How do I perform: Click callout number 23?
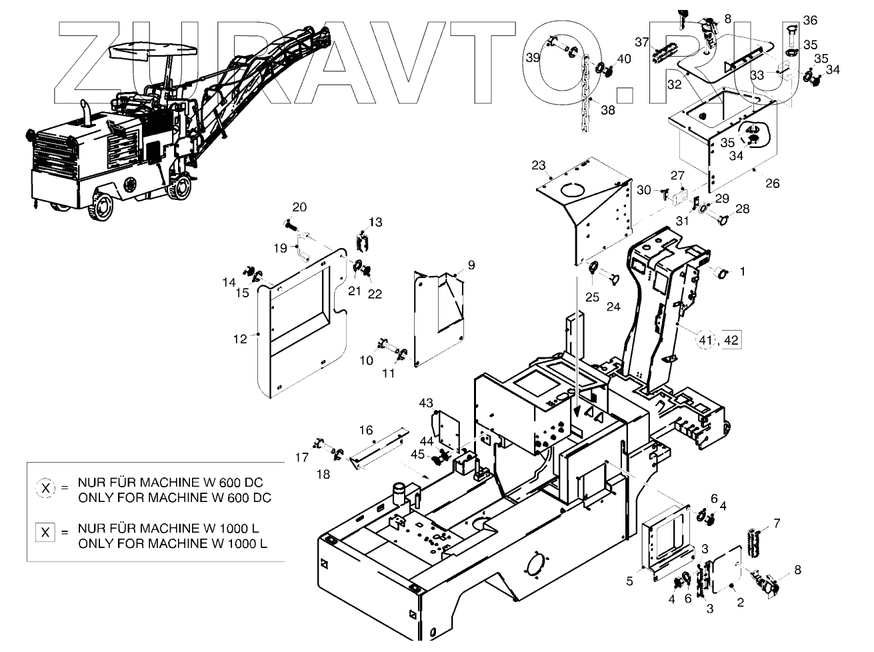coord(539,165)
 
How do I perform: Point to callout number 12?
coord(240,339)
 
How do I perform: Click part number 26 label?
coord(772,183)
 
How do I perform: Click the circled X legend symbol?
coord(45,489)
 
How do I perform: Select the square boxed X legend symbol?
coord(45,533)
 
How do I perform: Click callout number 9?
coord(471,265)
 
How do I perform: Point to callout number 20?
coord(299,207)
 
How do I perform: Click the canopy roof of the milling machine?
coord(156,49)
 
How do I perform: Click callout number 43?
coord(426,403)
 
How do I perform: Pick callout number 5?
coord(629,581)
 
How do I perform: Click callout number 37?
coord(641,42)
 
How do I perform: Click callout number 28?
coord(742,209)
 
